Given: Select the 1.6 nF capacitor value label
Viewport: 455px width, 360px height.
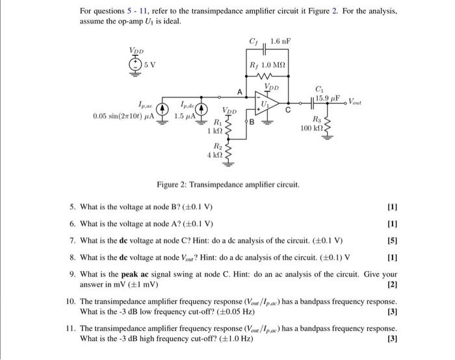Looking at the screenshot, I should pyautogui.click(x=280, y=42).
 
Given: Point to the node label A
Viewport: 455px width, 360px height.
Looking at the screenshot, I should pyautogui.click(x=240, y=92).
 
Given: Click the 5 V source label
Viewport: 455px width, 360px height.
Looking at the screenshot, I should pyautogui.click(x=150, y=64).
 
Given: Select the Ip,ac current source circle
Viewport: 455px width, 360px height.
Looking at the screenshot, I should pyautogui.click(x=164, y=109).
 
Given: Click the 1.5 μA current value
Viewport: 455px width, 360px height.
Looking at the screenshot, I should pyautogui.click(x=185, y=116).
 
